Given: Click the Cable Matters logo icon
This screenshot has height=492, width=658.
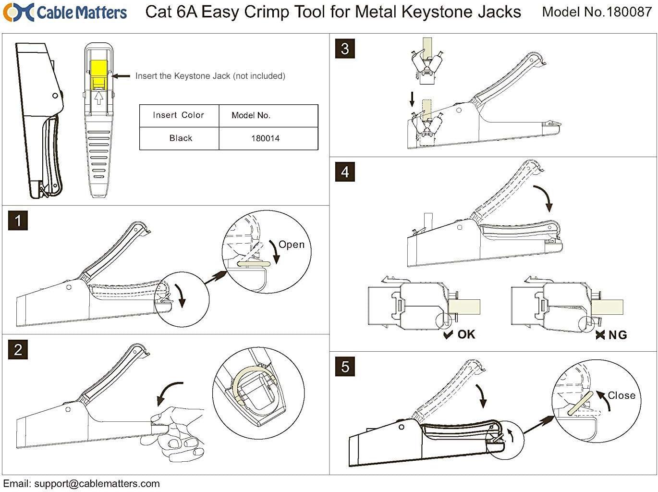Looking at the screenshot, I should coord(18,12).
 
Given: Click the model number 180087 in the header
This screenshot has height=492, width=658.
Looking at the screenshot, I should coord(629,12).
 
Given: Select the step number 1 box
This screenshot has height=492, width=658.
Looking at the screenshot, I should coord(18,221).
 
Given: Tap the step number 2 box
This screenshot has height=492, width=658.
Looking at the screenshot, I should coord(18,349).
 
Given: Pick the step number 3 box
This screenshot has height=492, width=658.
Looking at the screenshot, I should coord(345,49).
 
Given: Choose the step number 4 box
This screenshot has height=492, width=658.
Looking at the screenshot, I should coord(345,172).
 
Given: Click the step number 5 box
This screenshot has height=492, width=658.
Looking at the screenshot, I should coord(345,367).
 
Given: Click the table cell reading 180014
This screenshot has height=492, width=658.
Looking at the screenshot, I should coord(265,138).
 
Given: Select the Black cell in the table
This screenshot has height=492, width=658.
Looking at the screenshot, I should coord(181,138).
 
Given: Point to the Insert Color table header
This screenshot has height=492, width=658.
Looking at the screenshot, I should coord(178,115).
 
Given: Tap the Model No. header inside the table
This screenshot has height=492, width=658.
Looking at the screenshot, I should coord(251,115).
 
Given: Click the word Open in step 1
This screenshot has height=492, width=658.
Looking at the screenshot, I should coord(292,245).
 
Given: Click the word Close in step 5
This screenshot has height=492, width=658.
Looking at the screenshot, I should coord(621,395).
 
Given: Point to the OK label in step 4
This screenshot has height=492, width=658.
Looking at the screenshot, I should coord(466,334).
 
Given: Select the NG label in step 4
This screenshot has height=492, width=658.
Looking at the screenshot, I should coord(617,335).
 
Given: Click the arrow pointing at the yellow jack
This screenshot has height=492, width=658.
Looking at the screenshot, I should coord(121,76).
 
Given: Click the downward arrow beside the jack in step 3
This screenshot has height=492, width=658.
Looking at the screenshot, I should coord(412,99).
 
